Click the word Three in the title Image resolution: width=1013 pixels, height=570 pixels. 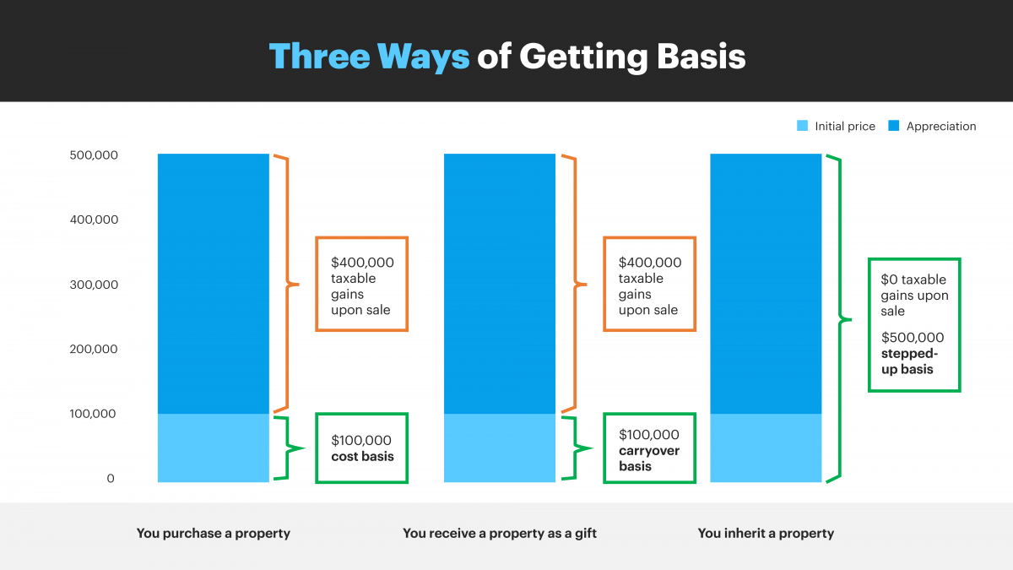coord(320,56)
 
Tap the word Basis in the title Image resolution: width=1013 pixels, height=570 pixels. coord(701,56)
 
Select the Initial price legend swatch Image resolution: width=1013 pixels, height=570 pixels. coord(802,126)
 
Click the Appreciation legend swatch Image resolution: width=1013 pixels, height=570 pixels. coord(894,126)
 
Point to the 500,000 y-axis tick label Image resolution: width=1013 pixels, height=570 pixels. coord(94,155)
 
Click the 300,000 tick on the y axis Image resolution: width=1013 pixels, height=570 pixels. coord(94,285)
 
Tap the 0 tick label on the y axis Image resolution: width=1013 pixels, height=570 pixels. coord(111,479)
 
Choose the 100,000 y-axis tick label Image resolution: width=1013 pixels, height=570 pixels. coord(93,414)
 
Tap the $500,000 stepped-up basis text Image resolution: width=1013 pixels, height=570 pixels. coord(909,353)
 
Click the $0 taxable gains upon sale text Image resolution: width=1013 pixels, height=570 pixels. coord(914,295)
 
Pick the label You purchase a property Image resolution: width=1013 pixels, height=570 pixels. coord(214,534)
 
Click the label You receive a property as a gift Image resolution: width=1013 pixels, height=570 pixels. coord(500,534)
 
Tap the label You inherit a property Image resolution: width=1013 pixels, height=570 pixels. coord(766,534)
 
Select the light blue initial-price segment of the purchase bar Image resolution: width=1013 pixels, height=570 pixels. coord(214,448)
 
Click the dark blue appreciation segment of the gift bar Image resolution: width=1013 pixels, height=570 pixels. coord(500,284)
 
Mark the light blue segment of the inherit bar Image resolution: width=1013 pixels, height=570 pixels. coord(767,448)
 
